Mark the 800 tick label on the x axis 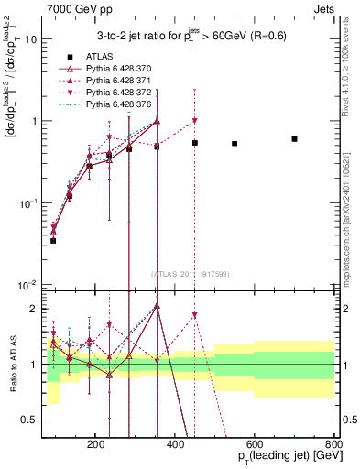click(334, 443)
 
